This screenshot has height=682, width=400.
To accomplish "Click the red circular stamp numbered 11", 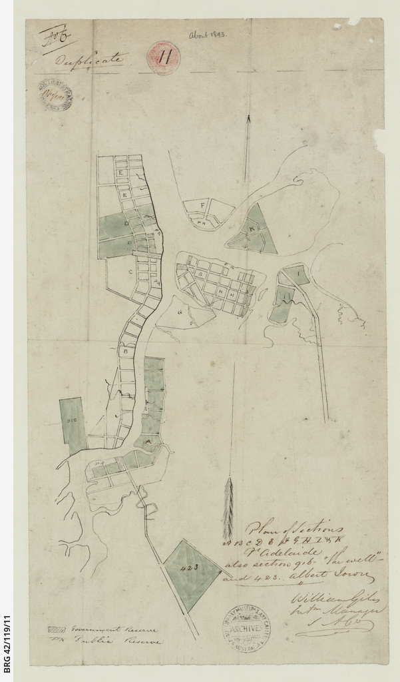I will pyautogui.click(x=163, y=58).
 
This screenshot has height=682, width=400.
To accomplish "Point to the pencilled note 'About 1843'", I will pyautogui.click(x=207, y=34).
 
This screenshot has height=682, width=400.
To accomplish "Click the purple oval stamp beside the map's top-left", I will pyautogui.click(x=55, y=95).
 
